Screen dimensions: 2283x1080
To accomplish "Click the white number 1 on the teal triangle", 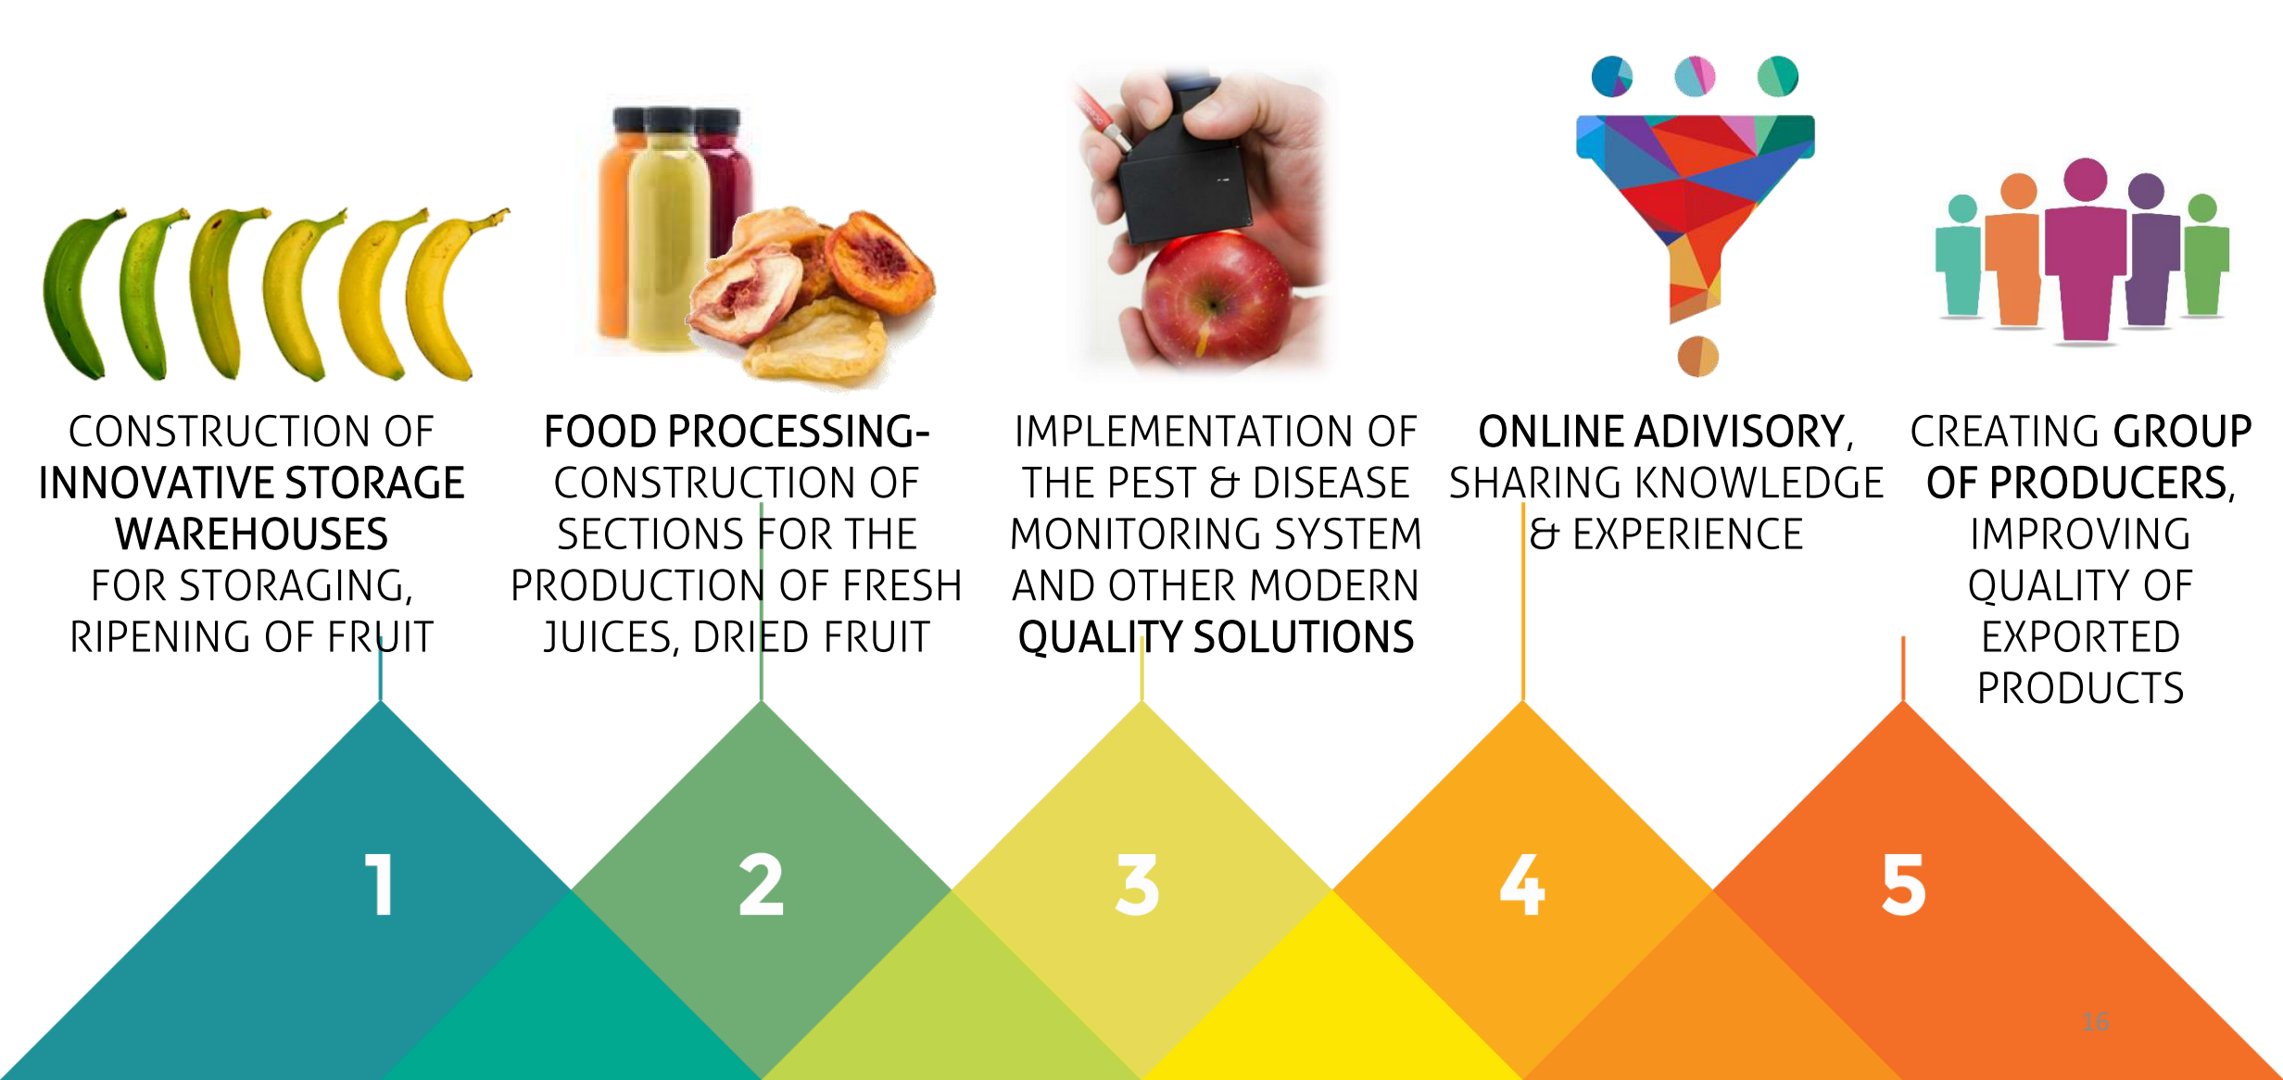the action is pyautogui.click(x=380, y=885).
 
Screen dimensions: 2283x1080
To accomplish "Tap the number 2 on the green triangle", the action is pyautogui.click(x=761, y=885).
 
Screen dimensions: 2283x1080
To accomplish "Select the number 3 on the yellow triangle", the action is pyautogui.click(x=1138, y=885).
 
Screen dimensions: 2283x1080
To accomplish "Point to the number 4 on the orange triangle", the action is pyautogui.click(x=1522, y=885).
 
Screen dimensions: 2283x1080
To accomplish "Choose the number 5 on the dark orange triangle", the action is pyautogui.click(x=1904, y=885).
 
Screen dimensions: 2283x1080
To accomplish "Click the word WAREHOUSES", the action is pyautogui.click(x=252, y=534).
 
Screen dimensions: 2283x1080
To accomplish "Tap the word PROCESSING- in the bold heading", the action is pyautogui.click(x=799, y=432).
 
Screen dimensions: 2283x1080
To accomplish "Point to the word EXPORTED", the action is pyautogui.click(x=2081, y=637).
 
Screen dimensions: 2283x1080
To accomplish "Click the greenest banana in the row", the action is pyautogui.click(x=79, y=292).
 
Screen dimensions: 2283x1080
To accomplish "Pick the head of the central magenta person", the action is pyautogui.click(x=2086, y=180).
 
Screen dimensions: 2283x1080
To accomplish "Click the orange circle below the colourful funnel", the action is pyautogui.click(x=1698, y=357).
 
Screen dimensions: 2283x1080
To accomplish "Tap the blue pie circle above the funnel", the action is pyautogui.click(x=1612, y=76).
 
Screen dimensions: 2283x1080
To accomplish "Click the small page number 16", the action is pyautogui.click(x=2095, y=1022).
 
